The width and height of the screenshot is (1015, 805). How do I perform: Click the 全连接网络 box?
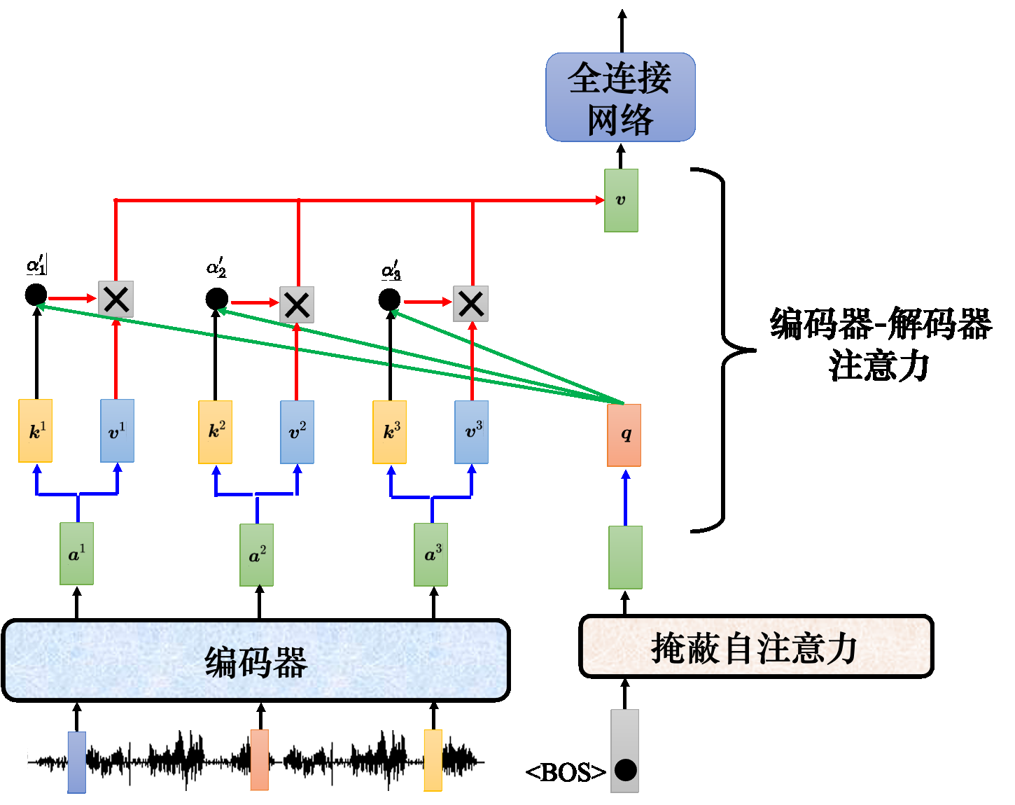click(620, 97)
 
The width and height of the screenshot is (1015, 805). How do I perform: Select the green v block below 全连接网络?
click(621, 200)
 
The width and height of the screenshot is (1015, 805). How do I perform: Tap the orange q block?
click(624, 435)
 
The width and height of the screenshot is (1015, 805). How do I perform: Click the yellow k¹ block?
click(36, 431)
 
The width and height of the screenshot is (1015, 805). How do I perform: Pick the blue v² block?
click(297, 432)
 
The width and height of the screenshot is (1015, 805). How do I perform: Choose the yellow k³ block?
click(389, 432)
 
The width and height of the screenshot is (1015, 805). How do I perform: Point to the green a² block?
click(256, 555)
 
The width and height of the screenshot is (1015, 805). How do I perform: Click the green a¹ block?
click(76, 554)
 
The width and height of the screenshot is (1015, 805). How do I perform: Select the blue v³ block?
click(471, 432)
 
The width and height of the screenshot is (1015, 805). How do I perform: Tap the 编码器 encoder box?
click(255, 660)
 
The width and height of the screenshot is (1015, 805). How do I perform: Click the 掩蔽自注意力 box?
click(756, 647)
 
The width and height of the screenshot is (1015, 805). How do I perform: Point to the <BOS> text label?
click(566, 772)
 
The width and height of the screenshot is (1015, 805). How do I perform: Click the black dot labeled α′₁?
click(36, 295)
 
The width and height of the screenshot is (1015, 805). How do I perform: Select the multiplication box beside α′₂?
click(297, 304)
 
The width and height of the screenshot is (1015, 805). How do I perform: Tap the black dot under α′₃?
click(390, 300)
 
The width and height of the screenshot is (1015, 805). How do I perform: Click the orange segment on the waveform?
click(260, 759)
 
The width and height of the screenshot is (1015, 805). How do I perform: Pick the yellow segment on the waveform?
click(433, 760)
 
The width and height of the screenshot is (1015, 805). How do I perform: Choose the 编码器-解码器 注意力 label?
click(881, 344)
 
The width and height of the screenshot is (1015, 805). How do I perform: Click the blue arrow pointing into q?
click(625, 497)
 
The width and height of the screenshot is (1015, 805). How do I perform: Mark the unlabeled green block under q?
click(625, 557)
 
